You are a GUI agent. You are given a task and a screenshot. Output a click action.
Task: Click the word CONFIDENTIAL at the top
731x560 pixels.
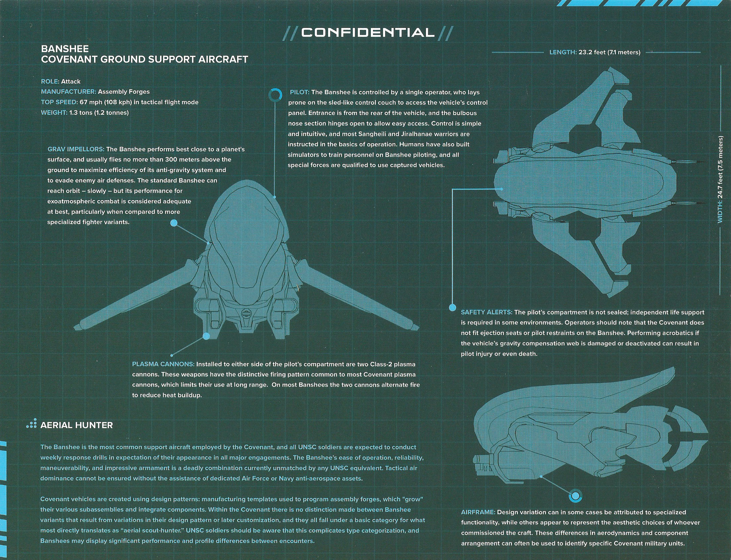pyautogui.click(x=368, y=32)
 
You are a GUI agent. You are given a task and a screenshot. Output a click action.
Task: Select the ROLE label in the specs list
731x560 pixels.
pyautogui.click(x=50, y=81)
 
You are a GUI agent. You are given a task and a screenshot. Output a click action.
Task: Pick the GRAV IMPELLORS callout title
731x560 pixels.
pyautogui.click(x=76, y=149)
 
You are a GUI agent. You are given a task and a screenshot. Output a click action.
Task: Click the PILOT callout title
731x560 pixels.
pyautogui.click(x=300, y=92)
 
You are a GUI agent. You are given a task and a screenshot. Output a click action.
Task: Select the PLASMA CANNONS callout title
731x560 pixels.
pyautogui.click(x=163, y=364)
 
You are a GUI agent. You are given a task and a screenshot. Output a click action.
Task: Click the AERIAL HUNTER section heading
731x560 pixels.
pyautogui.click(x=77, y=425)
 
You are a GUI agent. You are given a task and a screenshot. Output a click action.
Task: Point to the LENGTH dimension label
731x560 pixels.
pyautogui.click(x=563, y=52)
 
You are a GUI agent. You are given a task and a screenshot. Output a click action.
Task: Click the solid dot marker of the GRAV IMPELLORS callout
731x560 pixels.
pyautogui.click(x=174, y=223)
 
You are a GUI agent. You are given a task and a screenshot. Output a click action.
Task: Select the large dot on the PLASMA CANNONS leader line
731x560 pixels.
pyautogui.click(x=206, y=336)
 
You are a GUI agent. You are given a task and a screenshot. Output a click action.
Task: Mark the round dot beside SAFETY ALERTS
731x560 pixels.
pyautogui.click(x=452, y=307)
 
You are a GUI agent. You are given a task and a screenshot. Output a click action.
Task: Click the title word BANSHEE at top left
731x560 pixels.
pyautogui.click(x=65, y=49)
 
